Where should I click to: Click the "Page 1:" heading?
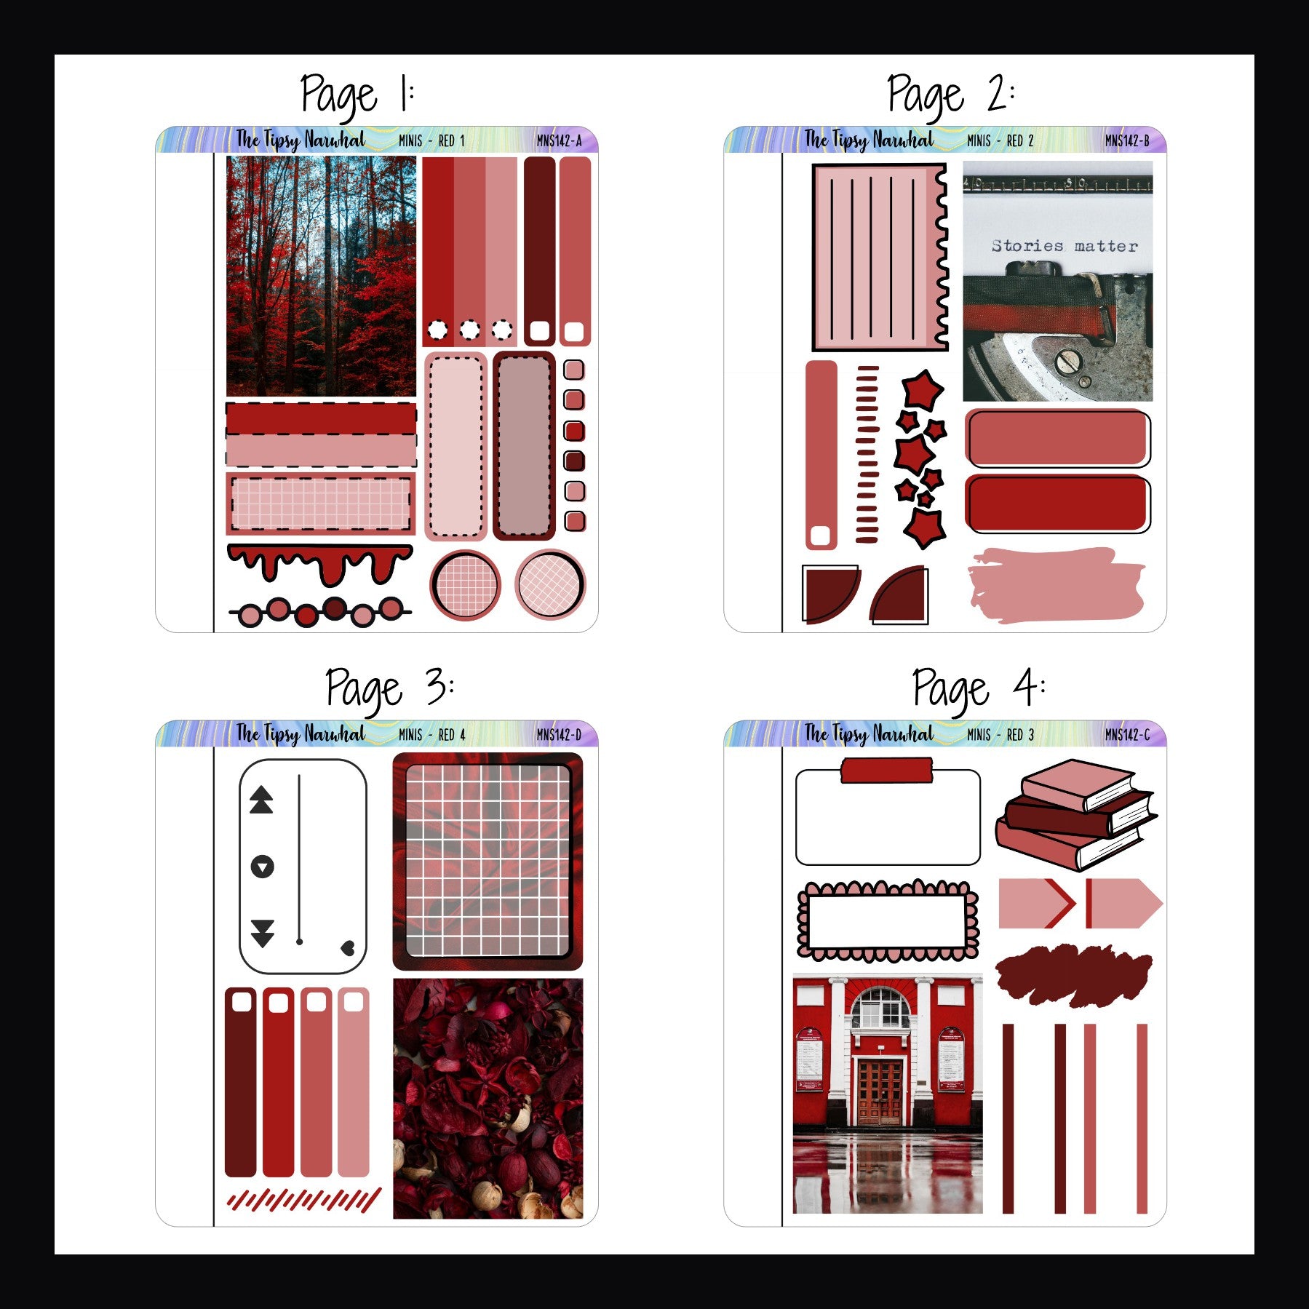(x=357, y=95)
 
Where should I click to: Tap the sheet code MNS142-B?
(x=1126, y=141)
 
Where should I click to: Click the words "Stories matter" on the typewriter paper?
(x=1064, y=246)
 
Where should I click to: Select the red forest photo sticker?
(x=321, y=276)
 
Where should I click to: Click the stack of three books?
(x=1075, y=813)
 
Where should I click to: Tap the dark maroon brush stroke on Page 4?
(x=1073, y=975)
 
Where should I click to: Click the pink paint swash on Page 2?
(x=1055, y=585)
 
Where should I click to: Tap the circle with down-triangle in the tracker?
(x=262, y=867)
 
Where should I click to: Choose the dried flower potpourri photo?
(x=488, y=1098)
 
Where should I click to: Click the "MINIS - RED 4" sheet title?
(x=431, y=735)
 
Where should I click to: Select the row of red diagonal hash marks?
(x=304, y=1200)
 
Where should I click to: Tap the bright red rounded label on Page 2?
(x=1057, y=504)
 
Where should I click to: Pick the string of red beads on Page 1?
(x=320, y=612)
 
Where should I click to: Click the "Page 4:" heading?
(x=978, y=688)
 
